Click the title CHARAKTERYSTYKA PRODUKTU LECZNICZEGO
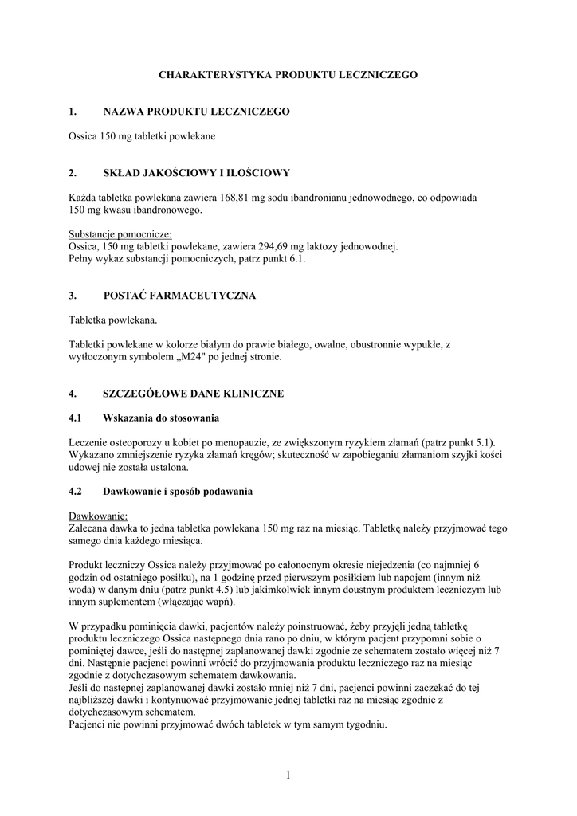pos(288,74)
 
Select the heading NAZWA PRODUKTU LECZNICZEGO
pos(196,112)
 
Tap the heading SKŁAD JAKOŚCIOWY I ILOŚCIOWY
pos(196,173)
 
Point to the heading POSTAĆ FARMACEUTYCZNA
pos(179,296)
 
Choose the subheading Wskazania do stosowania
pos(161,418)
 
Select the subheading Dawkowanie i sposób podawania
pos(178,492)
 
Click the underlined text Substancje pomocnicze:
pos(120,235)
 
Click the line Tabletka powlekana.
pos(113,320)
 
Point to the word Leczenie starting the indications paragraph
pos(90,443)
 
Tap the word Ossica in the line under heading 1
pos(83,136)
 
